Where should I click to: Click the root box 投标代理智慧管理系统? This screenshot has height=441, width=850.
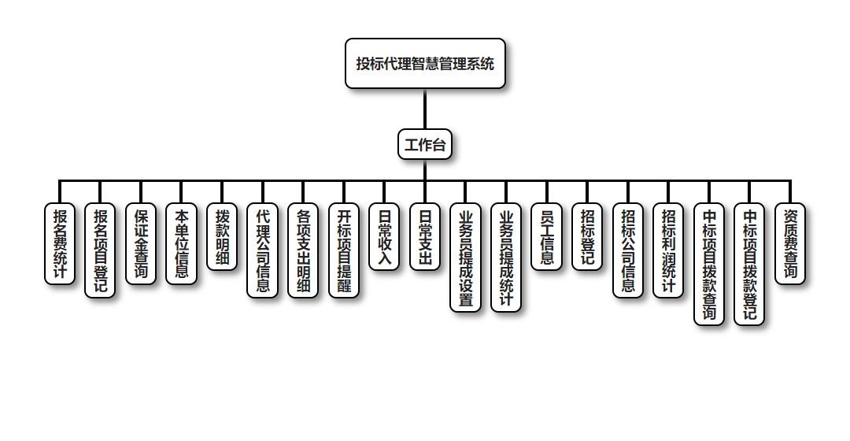click(425, 64)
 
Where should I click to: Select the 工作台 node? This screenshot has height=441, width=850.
click(425, 145)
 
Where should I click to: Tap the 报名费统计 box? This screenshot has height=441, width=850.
click(59, 244)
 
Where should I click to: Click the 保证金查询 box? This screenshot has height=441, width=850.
click(141, 244)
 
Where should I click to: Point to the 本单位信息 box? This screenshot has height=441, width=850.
click(182, 244)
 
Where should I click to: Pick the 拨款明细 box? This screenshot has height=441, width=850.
click(222, 237)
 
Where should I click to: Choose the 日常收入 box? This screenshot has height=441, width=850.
click(385, 237)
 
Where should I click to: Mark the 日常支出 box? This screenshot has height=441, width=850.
click(425, 237)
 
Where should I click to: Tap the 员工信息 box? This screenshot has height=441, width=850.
click(547, 237)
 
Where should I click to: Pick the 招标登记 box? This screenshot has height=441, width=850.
click(588, 237)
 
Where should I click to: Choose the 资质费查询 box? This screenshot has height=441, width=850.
click(790, 244)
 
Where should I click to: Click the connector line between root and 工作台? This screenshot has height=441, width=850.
click(425, 109)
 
